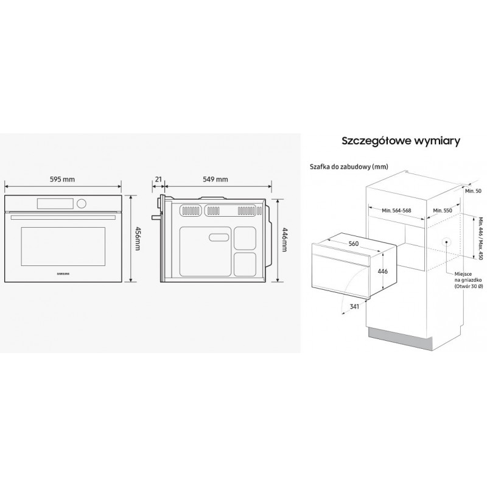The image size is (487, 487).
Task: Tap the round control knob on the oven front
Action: click(x=82, y=203)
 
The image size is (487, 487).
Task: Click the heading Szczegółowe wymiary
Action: click(x=400, y=141)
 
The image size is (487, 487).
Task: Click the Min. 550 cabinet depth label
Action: click(x=444, y=210)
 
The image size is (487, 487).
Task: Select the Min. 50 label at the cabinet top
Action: click(x=472, y=191)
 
